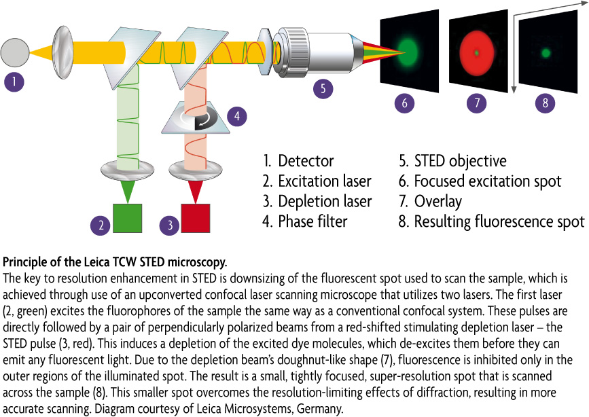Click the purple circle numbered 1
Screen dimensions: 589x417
point(14,81)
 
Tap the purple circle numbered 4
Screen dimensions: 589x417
point(237,116)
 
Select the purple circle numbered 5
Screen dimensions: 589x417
point(323,89)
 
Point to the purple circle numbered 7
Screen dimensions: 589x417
point(477,103)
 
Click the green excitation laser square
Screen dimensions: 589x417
point(128,218)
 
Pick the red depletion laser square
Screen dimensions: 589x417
point(196,218)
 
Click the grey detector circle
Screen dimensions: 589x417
point(15,52)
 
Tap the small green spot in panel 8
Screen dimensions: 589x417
point(546,53)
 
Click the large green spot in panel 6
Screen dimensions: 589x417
point(408,52)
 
